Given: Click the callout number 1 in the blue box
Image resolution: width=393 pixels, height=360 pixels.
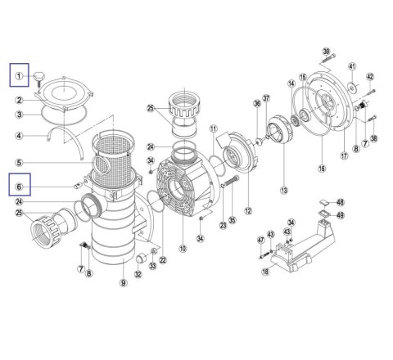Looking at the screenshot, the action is pos(19,76).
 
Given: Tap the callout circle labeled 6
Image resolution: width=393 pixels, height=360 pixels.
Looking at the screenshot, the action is pos(19,187).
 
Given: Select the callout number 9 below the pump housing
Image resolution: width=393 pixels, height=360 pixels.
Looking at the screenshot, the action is pos(124,283).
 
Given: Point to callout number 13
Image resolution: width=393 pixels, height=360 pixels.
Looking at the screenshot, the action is pos(284,190).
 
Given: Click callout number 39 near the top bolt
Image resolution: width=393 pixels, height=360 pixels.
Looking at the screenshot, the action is pos(326,52).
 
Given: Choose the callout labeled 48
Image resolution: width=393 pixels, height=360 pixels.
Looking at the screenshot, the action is pos(341,202).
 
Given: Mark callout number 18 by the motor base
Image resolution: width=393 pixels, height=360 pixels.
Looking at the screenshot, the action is pos(265,272).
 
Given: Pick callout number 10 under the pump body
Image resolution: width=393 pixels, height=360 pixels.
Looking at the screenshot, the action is pos(183,248).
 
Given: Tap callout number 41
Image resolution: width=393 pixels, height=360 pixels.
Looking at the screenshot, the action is pos(352,66).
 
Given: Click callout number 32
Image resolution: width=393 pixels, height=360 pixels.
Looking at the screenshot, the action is pos(138,274).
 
